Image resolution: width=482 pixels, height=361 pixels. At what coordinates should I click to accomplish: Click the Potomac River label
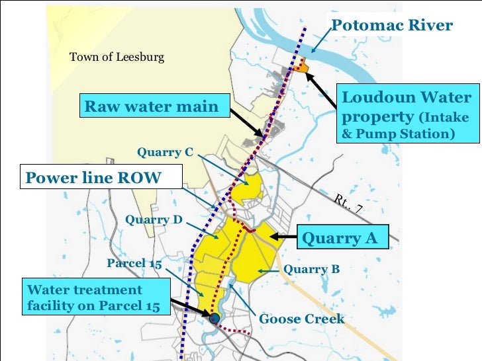(x=391, y=26)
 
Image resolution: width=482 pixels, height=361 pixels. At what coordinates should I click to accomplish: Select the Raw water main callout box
(x=152, y=106)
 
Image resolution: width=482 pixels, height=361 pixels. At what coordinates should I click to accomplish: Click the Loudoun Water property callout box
(x=407, y=115)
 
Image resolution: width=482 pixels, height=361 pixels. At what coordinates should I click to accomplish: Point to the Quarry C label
(x=165, y=153)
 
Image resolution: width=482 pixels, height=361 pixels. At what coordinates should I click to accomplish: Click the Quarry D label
(x=154, y=220)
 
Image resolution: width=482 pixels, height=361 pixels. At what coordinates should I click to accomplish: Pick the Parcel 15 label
(x=134, y=263)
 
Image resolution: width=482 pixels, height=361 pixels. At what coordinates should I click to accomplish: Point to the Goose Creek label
(x=301, y=319)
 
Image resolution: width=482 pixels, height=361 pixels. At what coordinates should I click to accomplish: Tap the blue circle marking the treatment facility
(x=214, y=318)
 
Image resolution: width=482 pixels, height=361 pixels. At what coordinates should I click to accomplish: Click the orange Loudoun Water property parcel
(x=301, y=65)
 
